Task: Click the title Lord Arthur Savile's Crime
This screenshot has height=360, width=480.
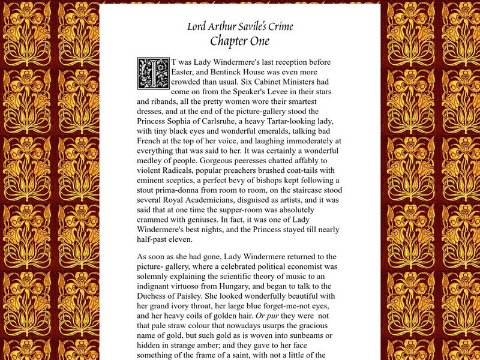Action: [x=239, y=26]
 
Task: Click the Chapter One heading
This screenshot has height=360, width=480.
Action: [x=239, y=41]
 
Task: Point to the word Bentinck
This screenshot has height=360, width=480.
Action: [x=240, y=73]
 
